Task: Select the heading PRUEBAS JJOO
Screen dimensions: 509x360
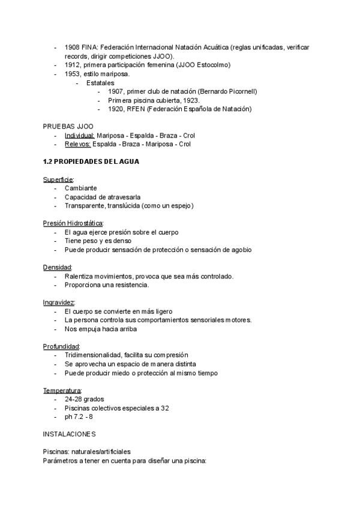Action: click(x=68, y=127)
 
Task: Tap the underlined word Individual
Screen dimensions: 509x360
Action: click(x=80, y=136)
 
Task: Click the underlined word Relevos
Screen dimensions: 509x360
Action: click(x=78, y=144)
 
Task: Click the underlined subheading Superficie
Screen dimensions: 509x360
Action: click(x=58, y=179)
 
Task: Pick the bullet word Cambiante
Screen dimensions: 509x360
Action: click(x=81, y=188)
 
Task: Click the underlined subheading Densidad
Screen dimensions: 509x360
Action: click(x=58, y=267)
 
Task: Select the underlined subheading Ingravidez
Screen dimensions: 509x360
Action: click(x=59, y=303)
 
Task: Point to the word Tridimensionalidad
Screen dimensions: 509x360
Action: click(x=94, y=355)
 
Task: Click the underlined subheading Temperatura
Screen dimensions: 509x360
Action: click(x=62, y=390)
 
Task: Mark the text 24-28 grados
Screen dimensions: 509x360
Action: click(x=85, y=399)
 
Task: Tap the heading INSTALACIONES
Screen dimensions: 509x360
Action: click(x=69, y=434)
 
